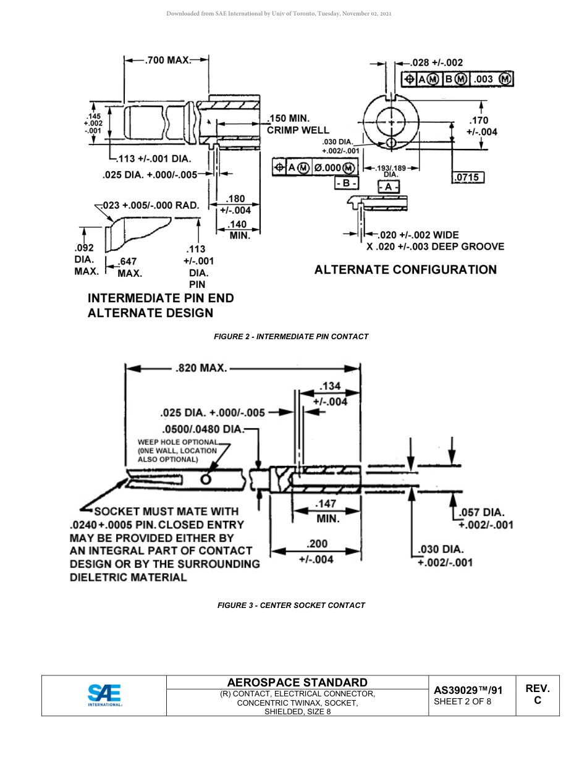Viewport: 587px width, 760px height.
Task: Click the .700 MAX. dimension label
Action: coord(167,61)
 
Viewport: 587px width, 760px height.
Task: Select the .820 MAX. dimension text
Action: coord(201,368)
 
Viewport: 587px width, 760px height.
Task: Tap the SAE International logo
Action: coord(104,695)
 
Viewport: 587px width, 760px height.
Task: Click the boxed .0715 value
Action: coord(468,178)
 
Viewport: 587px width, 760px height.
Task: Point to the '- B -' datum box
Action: coord(346,184)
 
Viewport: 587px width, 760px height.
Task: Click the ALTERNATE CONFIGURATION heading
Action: coord(405,269)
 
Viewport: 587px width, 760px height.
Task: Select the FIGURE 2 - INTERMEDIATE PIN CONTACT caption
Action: coord(291,337)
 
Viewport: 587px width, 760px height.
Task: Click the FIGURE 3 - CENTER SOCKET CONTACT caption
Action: coord(291,606)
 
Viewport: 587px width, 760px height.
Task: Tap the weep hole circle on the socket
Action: coord(206,479)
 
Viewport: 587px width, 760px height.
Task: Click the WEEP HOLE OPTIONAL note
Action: coord(178,450)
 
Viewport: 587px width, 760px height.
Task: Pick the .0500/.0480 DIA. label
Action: coord(203,429)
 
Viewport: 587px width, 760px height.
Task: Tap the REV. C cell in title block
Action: coord(537,695)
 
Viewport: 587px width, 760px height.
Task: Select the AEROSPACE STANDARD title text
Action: coord(297,682)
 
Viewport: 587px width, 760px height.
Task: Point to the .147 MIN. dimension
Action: coord(326,511)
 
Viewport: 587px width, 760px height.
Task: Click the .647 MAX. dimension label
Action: coord(129,267)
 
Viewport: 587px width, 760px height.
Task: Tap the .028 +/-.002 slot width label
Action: coord(437,62)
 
